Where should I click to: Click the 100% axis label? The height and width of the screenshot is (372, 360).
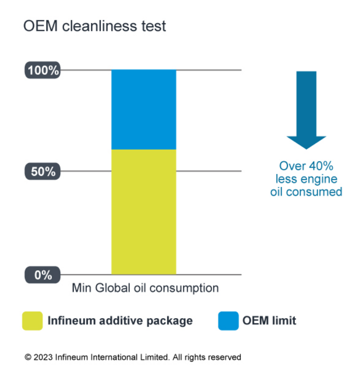click(43, 70)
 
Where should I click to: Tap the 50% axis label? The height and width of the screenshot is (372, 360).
click(43, 171)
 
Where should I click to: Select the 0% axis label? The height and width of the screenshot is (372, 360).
click(43, 275)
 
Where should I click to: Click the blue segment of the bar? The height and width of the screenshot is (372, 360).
click(144, 110)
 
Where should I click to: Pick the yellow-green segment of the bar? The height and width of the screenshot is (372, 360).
click(144, 212)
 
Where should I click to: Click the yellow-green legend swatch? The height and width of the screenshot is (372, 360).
click(32, 320)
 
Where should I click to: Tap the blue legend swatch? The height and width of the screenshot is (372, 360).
click(228, 320)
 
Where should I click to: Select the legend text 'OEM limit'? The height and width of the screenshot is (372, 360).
click(269, 320)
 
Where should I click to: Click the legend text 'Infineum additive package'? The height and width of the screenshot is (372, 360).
click(120, 320)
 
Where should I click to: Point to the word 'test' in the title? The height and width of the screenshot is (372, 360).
click(152, 26)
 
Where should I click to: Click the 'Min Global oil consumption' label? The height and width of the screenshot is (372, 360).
click(145, 288)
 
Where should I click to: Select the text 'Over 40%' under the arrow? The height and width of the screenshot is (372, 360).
click(306, 166)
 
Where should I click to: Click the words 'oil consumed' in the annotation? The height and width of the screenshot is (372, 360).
click(306, 191)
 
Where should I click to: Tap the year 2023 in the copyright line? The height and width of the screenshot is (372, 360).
click(43, 357)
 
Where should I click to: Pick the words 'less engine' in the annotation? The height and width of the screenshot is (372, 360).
click(306, 179)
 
